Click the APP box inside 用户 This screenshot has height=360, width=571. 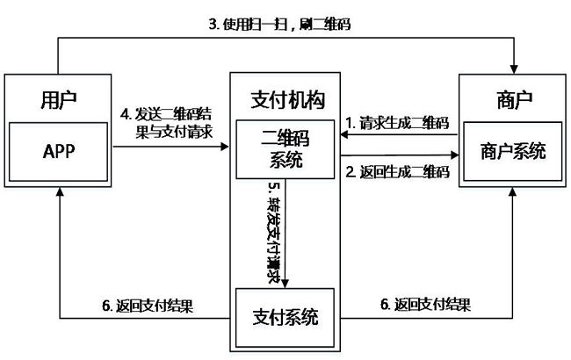pyautogui.click(x=58, y=151)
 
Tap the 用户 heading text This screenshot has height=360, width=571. pyautogui.click(x=58, y=100)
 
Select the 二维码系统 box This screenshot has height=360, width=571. pyautogui.click(x=285, y=149)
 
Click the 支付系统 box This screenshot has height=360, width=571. pyautogui.click(x=285, y=317)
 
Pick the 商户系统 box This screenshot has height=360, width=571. pyautogui.click(x=512, y=151)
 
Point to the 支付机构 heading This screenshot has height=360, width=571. pyautogui.click(x=287, y=100)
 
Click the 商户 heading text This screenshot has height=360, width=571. pyautogui.click(x=514, y=100)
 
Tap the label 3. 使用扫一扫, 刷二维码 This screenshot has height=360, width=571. pyautogui.click(x=279, y=25)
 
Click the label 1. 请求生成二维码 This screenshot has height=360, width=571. pyautogui.click(x=397, y=123)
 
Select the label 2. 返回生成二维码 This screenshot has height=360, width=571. pyautogui.click(x=397, y=172)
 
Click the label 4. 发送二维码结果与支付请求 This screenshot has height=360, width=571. pyautogui.click(x=166, y=123)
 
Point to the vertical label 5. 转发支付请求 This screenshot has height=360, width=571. pyautogui.click(x=274, y=233)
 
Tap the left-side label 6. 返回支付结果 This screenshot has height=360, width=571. pyautogui.click(x=148, y=306)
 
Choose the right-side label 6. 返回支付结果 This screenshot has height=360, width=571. pyautogui.click(x=425, y=305)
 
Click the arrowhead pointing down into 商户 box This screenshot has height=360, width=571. pyautogui.click(x=514, y=69)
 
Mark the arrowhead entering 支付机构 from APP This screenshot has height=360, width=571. pyautogui.click(x=224, y=147)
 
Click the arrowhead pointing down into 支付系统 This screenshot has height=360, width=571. pyautogui.click(x=285, y=284)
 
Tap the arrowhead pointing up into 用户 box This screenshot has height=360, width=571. pyautogui.click(x=60, y=191)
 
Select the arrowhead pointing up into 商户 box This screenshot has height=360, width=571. pyautogui.click(x=512, y=191)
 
